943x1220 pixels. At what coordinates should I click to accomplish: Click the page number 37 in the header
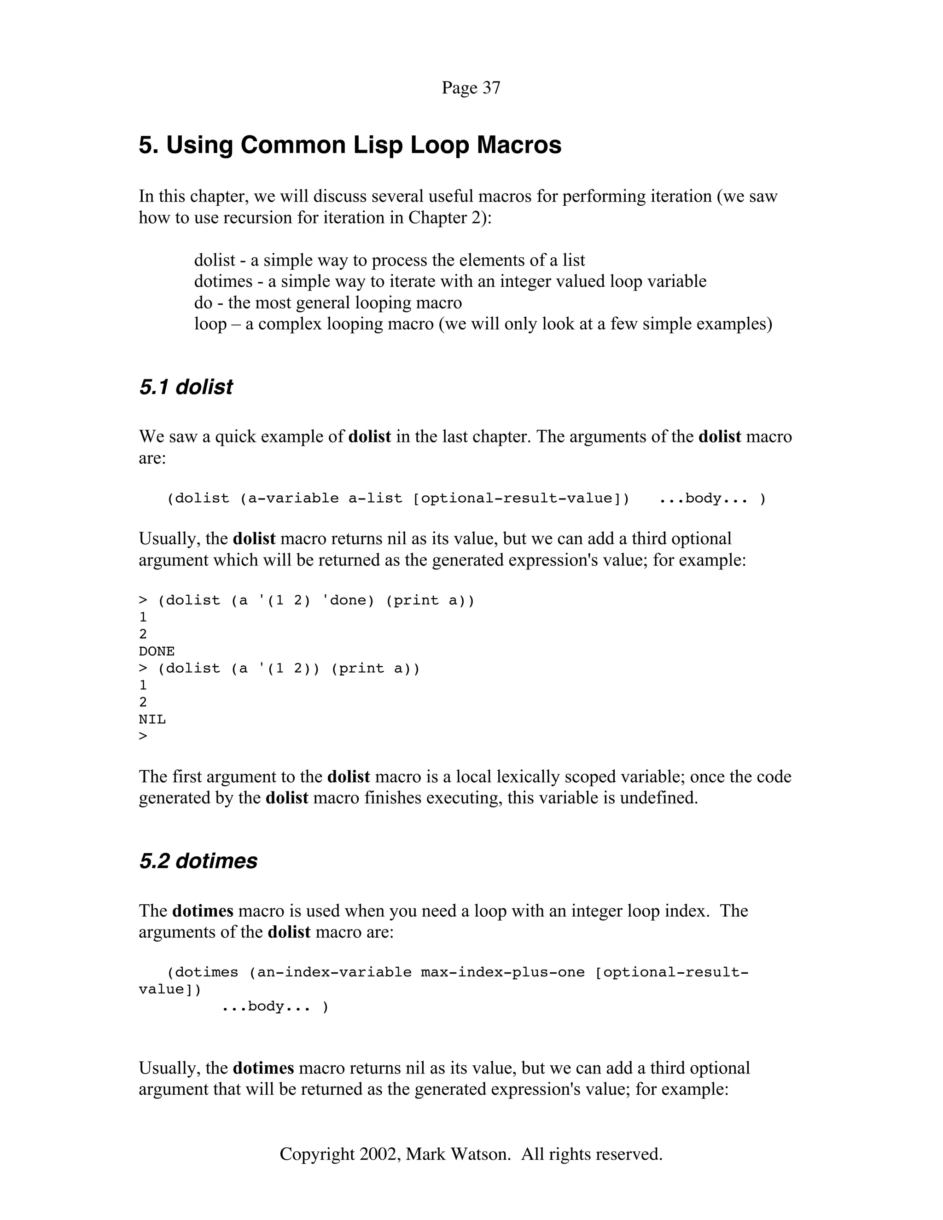click(x=491, y=87)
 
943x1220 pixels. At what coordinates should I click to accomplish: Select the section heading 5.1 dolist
click(x=186, y=387)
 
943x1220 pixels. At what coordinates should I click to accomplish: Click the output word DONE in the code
click(x=157, y=651)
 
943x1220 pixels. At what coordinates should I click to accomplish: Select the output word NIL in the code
click(x=152, y=720)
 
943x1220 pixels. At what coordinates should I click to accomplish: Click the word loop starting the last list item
click(x=210, y=324)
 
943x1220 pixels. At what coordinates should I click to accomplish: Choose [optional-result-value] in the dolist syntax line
click(x=521, y=498)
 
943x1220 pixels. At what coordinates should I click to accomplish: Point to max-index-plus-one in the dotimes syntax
click(x=502, y=972)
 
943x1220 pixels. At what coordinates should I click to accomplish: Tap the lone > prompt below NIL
click(x=143, y=736)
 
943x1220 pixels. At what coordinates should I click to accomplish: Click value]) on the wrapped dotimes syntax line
click(x=170, y=989)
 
